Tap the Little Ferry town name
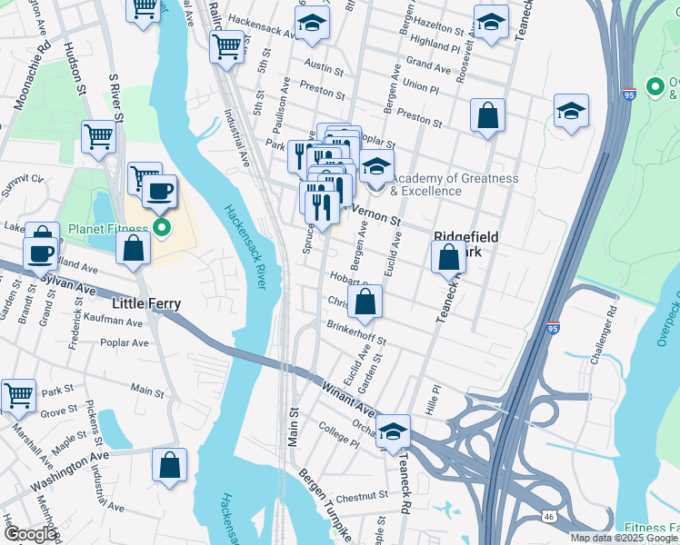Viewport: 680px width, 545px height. click(145, 303)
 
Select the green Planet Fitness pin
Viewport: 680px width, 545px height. click(163, 228)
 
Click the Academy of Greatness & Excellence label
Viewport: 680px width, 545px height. click(454, 184)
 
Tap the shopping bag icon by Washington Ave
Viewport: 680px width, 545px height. click(169, 466)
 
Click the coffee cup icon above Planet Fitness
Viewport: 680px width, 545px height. click(159, 192)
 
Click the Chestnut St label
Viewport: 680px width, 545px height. click(362, 498)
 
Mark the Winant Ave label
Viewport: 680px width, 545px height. click(346, 397)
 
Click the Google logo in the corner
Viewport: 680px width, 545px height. click(31, 534)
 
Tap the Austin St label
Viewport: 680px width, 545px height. click(325, 68)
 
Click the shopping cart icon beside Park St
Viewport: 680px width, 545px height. click(18, 396)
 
